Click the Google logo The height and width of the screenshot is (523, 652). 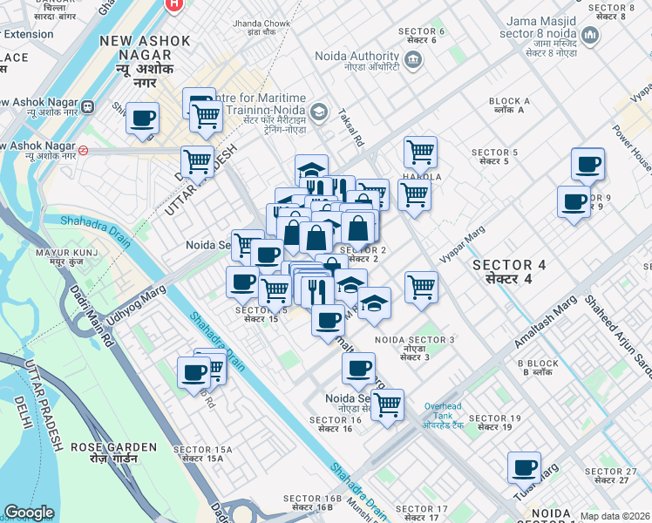[30, 513]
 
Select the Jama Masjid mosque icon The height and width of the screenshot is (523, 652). [592, 36]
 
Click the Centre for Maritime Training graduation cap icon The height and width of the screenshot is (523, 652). [320, 111]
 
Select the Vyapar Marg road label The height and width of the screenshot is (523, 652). [462, 244]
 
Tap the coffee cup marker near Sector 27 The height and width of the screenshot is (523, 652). [524, 467]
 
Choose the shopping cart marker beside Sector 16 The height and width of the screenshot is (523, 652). [387, 404]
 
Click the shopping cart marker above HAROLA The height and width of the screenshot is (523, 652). [420, 152]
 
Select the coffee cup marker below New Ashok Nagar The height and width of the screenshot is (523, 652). [142, 119]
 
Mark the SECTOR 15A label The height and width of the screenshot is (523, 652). [198, 453]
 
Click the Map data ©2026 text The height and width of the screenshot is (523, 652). [615, 516]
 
